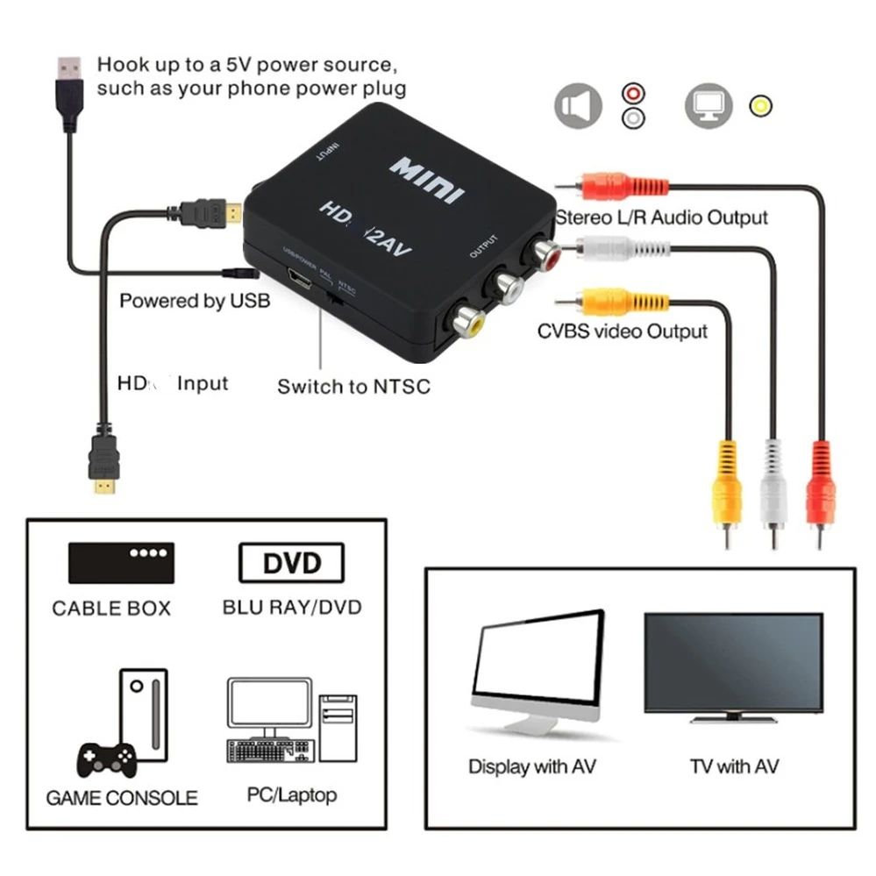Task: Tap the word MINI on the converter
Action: [x=428, y=178]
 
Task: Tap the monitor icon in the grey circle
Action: [x=708, y=106]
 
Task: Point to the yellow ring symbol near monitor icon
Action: [x=759, y=106]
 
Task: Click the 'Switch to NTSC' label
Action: [x=353, y=386]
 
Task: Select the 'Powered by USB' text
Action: [x=195, y=301]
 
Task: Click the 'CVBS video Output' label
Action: [x=622, y=331]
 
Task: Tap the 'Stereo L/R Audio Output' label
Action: [x=662, y=217]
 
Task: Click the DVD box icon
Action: [x=291, y=563]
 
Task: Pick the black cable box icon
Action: [x=121, y=562]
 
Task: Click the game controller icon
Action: [x=107, y=758]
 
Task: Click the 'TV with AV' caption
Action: [x=734, y=766]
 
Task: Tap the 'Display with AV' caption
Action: [x=532, y=766]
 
